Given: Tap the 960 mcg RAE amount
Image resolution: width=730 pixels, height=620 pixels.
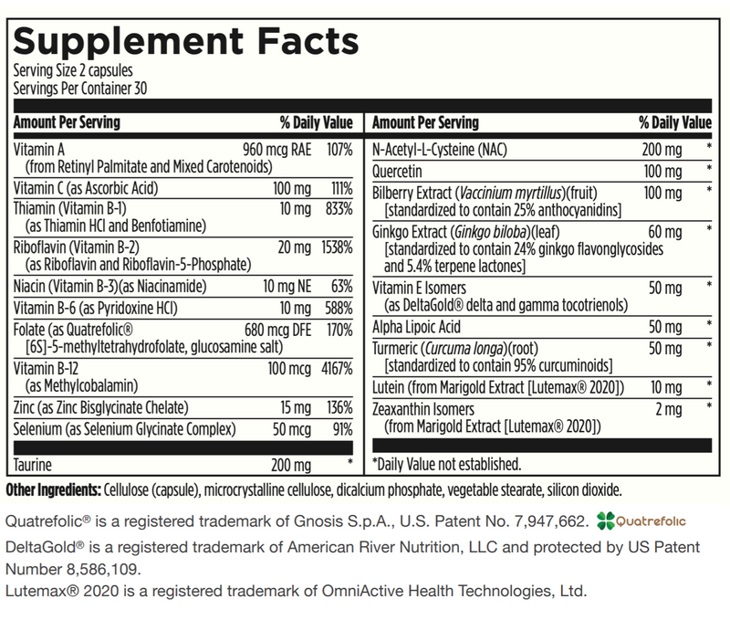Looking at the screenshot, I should pos(276,147).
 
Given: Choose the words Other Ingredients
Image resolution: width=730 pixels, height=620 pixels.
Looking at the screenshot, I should pos(54,489).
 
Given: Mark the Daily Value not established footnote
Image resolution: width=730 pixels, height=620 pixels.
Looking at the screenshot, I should pos(447,465).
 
